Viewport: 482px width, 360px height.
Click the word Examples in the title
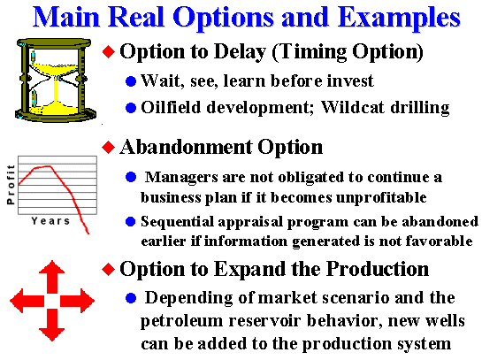[399, 19]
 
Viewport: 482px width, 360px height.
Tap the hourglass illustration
[56, 80]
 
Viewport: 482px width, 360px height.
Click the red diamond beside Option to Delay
[109, 51]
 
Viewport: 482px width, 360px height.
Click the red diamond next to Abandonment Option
[109, 147]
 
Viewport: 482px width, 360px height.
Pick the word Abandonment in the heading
[186, 147]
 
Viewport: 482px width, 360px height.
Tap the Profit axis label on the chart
[11, 185]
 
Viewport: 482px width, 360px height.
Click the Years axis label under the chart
[50, 221]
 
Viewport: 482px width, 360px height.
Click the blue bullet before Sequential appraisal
[131, 222]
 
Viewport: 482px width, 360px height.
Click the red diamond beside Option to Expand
[109, 269]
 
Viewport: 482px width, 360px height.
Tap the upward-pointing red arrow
[52, 276]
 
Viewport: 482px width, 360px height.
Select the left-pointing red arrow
[27, 301]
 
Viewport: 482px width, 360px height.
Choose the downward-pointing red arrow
[52, 326]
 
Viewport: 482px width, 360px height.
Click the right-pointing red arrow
[77, 301]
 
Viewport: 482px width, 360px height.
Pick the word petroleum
[181, 322]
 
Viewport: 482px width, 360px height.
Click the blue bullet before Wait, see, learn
[131, 81]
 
